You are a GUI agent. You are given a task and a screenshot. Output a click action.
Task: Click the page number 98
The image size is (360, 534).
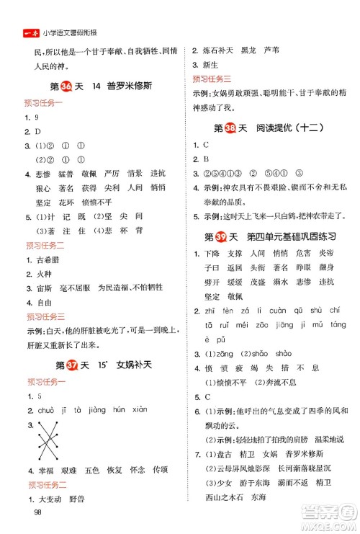pyautogui.click(x=30, y=512)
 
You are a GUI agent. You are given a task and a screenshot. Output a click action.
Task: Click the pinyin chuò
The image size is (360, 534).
pyautogui.click(x=43, y=411)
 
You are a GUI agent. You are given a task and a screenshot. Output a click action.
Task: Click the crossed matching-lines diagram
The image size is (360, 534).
pyautogui.click(x=51, y=444)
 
